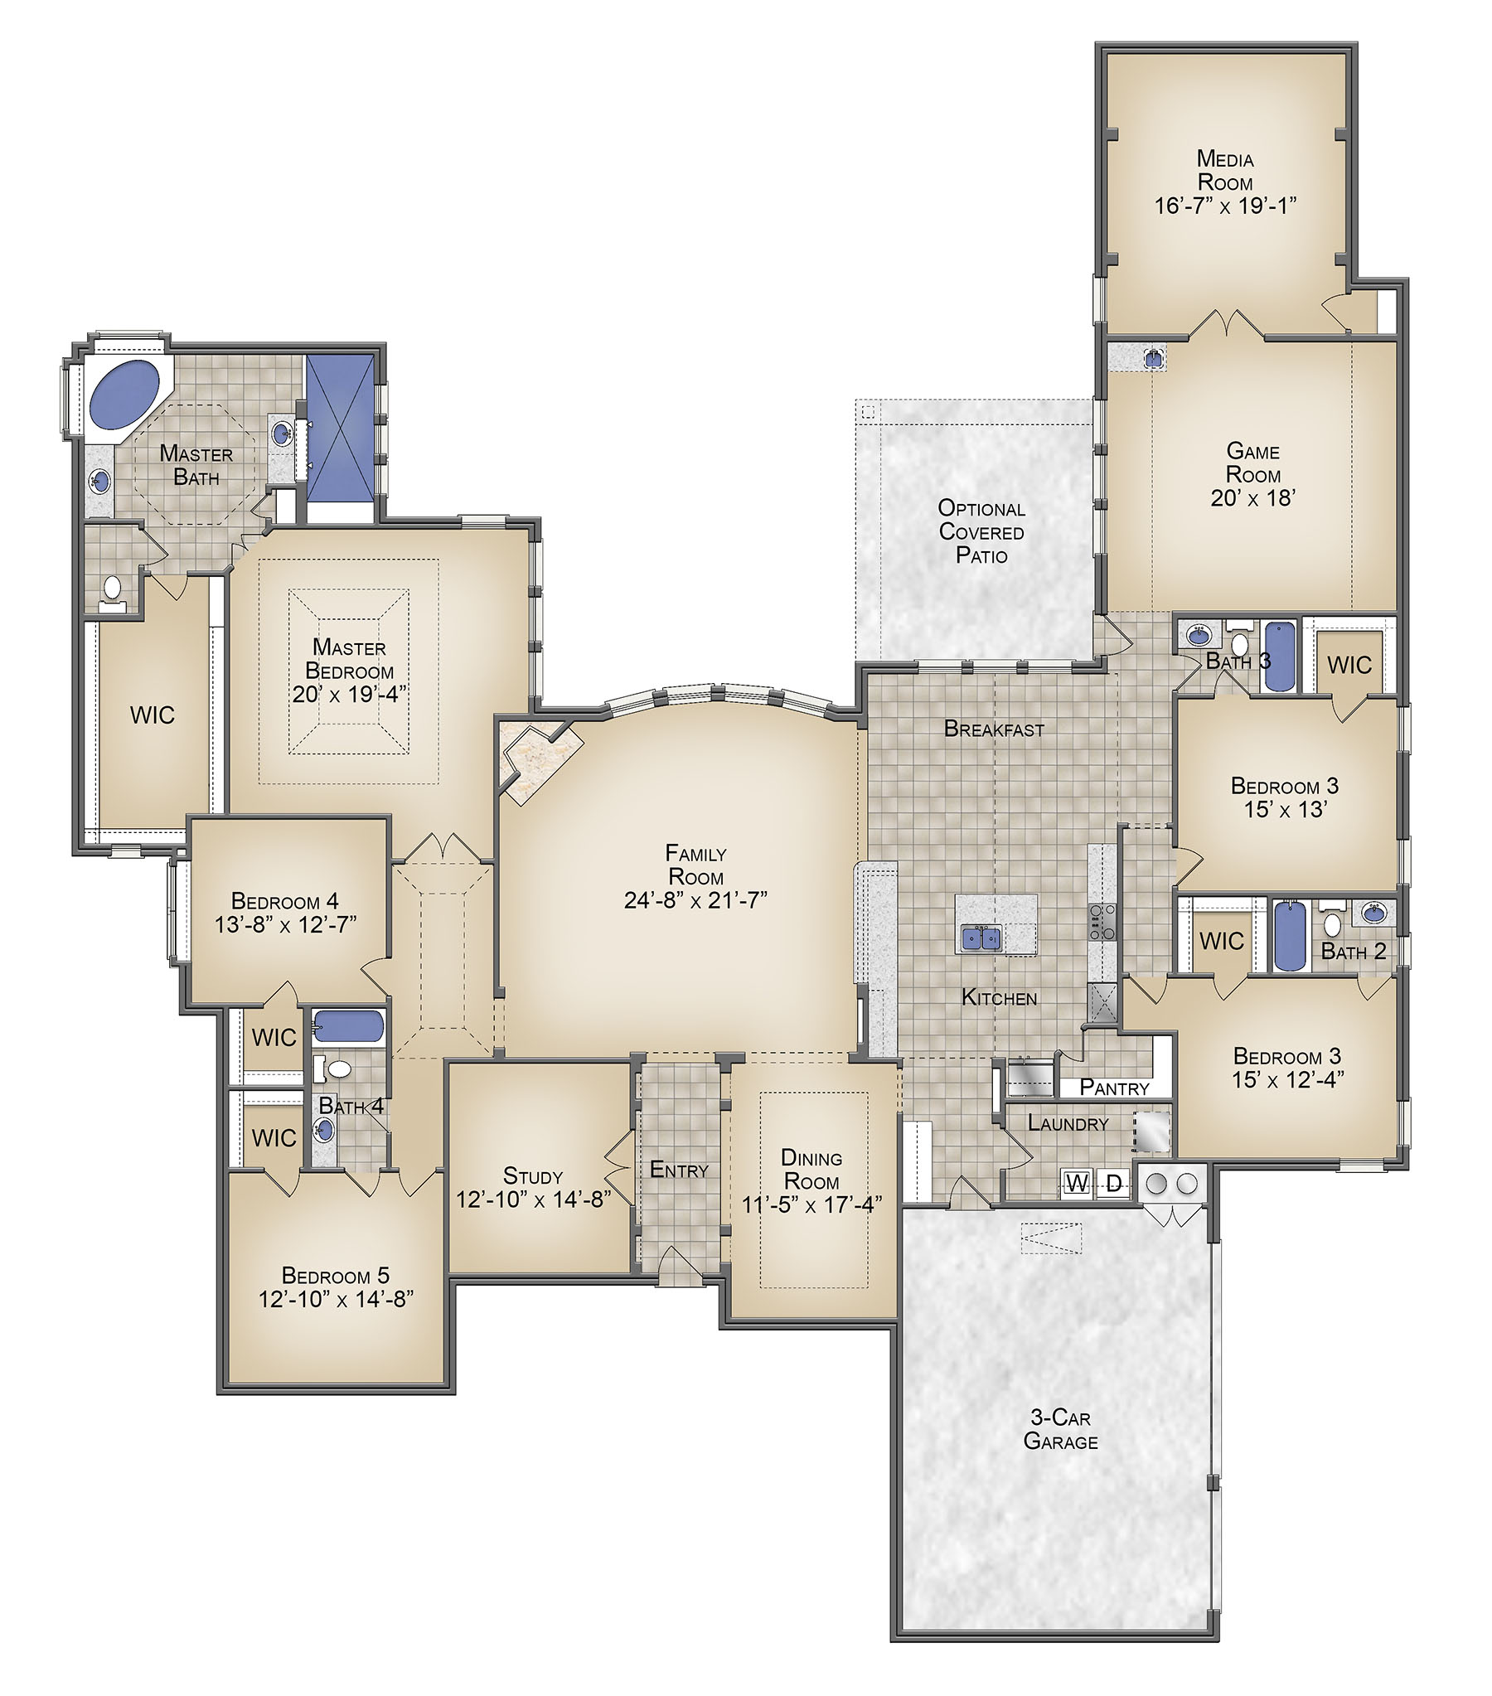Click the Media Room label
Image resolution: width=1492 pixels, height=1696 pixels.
[1225, 170]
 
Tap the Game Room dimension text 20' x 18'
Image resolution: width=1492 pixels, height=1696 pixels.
[1253, 498]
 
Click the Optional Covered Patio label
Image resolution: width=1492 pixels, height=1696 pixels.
[981, 532]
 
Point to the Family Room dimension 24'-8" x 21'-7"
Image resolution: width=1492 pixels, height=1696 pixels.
[695, 899]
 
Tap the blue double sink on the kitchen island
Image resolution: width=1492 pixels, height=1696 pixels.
[981, 938]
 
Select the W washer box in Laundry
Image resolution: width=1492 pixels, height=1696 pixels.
[1076, 1183]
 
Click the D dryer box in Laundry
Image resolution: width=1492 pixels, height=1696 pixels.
[1114, 1183]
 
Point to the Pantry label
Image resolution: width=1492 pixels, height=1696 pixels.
[1114, 1088]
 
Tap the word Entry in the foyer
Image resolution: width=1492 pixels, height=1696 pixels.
[679, 1170]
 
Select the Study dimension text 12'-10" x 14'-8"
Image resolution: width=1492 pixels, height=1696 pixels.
[534, 1199]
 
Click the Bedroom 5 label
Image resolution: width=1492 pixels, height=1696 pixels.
[335, 1276]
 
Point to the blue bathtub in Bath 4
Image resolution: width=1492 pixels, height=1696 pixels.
[348, 1025]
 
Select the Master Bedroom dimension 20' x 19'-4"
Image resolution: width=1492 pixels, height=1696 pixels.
[349, 694]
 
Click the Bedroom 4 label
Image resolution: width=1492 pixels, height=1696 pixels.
[284, 901]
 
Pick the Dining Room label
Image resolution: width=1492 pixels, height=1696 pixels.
[811, 1169]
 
